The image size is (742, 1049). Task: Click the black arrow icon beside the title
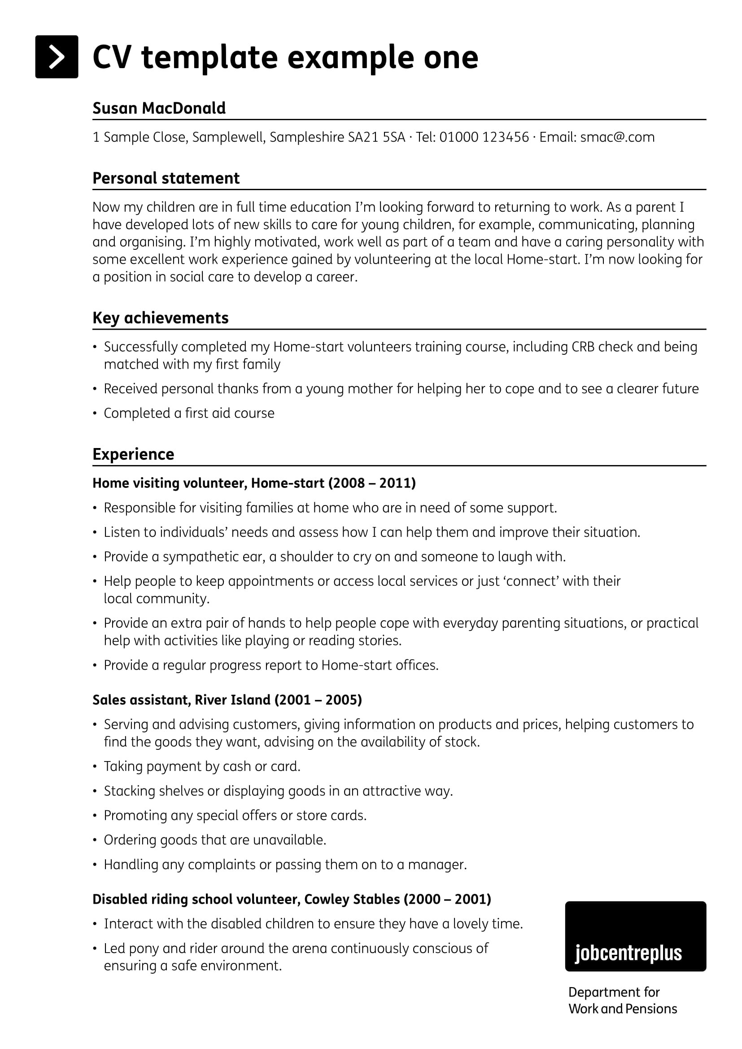(x=57, y=57)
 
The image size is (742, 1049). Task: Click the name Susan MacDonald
(x=159, y=108)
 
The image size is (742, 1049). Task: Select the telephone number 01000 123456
(x=484, y=137)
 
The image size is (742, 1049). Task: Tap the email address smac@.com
(x=617, y=137)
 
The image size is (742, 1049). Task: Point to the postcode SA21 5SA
(x=376, y=137)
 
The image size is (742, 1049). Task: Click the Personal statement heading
(x=166, y=178)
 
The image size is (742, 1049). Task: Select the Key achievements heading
(x=160, y=318)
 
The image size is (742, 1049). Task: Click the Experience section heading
(x=133, y=454)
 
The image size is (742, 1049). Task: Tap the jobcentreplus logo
(x=635, y=936)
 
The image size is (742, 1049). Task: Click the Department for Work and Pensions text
(x=622, y=1000)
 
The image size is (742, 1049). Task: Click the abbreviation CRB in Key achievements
(x=583, y=347)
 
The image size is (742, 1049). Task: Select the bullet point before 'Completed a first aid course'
(x=95, y=414)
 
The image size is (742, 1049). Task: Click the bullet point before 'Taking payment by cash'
(x=95, y=766)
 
